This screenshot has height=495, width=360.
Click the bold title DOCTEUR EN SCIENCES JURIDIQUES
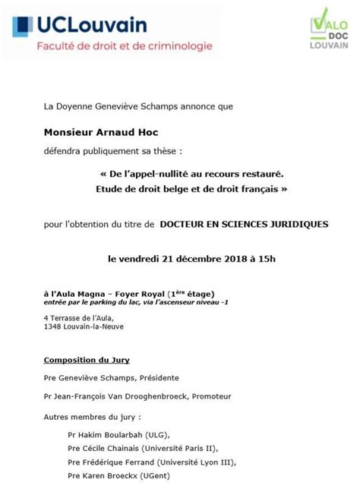click(x=244, y=224)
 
